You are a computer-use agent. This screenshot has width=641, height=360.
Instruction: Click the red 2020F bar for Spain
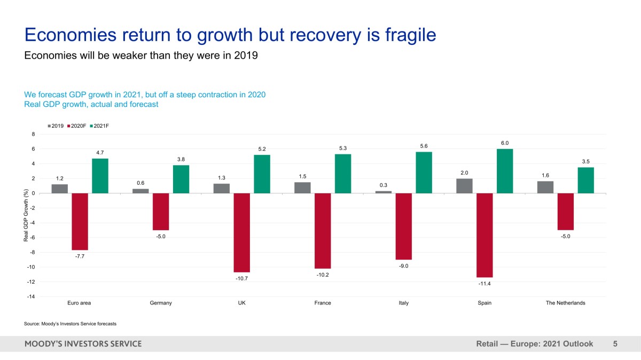click(x=484, y=235)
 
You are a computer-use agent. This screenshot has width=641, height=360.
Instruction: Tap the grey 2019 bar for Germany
click(x=140, y=191)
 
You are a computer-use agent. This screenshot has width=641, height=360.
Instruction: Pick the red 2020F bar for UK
click(x=241, y=232)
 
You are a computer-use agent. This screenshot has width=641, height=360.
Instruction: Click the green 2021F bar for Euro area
click(x=100, y=176)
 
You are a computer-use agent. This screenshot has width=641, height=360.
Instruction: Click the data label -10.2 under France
click(x=323, y=275)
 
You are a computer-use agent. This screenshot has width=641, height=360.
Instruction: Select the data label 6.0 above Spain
click(x=505, y=143)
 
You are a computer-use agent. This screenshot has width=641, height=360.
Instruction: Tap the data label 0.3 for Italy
click(x=383, y=185)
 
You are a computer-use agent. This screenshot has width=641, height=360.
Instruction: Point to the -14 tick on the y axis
click(x=32, y=296)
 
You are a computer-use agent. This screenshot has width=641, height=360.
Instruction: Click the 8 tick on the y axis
click(x=33, y=134)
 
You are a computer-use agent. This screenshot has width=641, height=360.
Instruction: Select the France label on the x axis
click(x=323, y=303)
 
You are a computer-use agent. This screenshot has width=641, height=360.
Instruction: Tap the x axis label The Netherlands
click(x=565, y=303)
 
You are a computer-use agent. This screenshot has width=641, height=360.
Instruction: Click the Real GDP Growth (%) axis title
click(x=26, y=215)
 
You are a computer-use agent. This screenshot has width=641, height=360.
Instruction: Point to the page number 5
click(x=615, y=344)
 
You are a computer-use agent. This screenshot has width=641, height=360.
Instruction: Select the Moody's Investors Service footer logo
click(x=83, y=344)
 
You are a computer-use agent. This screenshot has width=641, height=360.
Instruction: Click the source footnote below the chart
click(x=70, y=324)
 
